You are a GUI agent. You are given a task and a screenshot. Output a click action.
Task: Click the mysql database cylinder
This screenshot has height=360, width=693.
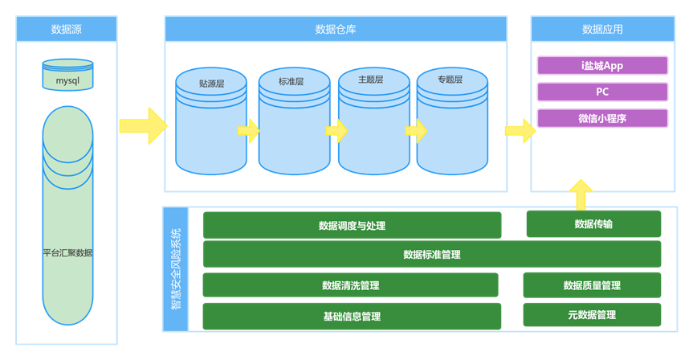67,76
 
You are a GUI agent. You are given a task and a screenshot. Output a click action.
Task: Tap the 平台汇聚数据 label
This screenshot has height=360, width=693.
67,252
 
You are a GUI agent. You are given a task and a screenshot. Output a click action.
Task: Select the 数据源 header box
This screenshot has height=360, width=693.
67,30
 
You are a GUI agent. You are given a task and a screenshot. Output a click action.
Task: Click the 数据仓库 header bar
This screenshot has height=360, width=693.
336,30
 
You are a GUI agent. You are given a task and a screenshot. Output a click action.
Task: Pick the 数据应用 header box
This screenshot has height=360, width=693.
602,30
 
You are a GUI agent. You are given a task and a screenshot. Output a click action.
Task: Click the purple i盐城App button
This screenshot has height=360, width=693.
602,65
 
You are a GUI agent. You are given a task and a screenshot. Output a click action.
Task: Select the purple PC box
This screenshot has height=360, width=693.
602,92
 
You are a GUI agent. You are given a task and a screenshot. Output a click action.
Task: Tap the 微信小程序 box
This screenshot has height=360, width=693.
602,118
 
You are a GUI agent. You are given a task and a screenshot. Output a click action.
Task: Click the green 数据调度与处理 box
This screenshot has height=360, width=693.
352,225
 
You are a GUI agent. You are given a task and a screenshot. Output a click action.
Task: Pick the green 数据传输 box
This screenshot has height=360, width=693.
593,224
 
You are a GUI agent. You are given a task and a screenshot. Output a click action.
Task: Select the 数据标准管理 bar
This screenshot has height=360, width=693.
432,254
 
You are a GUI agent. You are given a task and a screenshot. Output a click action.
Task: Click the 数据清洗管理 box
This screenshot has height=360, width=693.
350,285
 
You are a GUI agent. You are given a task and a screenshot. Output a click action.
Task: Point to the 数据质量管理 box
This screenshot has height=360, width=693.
592,285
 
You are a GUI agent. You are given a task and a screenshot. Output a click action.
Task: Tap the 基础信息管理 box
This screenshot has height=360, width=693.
352,316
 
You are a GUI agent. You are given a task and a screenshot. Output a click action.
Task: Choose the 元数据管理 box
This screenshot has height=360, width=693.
592,315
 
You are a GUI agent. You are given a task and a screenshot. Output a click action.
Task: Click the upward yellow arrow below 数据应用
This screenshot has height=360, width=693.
580,194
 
